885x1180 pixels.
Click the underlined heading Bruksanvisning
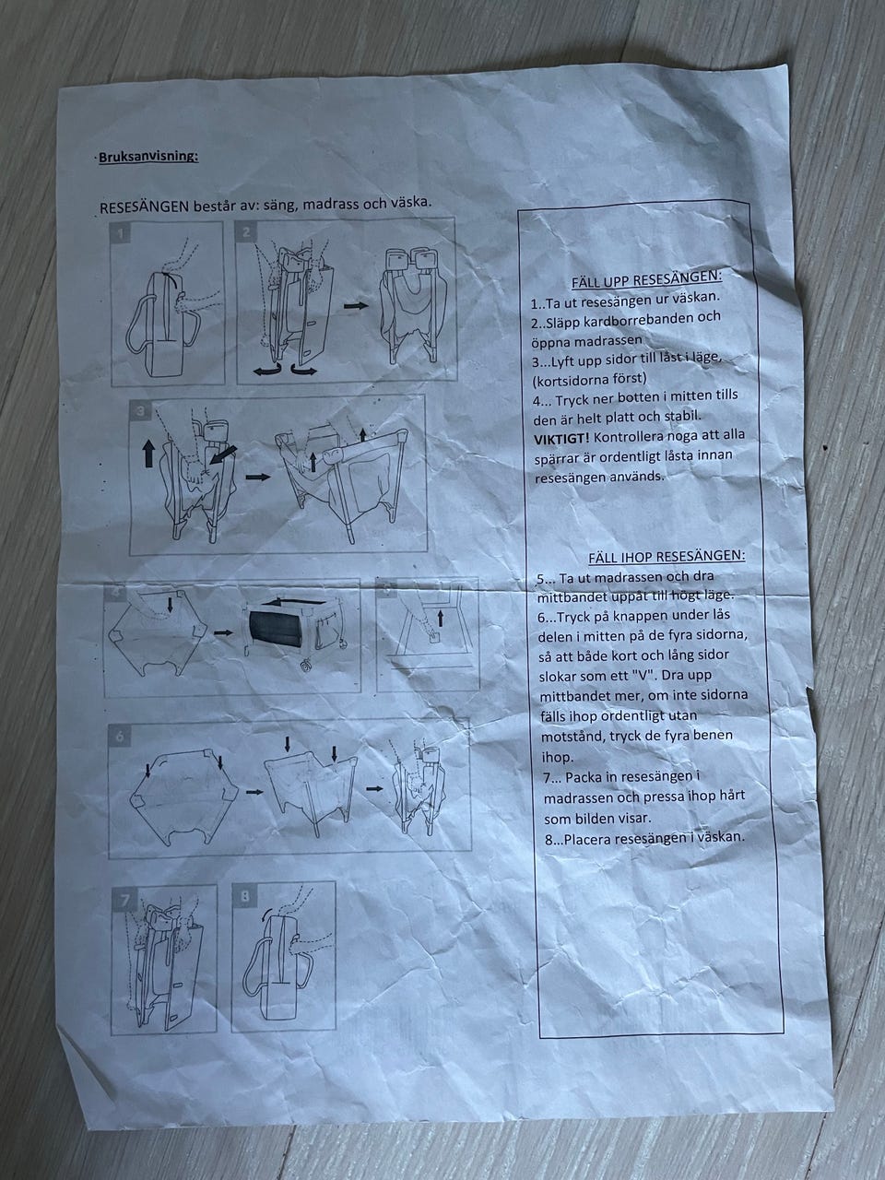(x=148, y=157)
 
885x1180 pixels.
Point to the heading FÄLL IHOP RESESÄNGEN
(x=667, y=557)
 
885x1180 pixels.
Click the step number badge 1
(x=122, y=234)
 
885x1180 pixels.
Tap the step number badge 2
(x=247, y=232)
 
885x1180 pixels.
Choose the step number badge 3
(x=141, y=411)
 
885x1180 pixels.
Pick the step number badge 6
(x=119, y=736)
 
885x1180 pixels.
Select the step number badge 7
(x=124, y=900)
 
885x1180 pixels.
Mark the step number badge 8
(x=245, y=896)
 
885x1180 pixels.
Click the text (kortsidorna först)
(x=589, y=380)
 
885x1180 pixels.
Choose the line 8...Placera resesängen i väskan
(x=644, y=838)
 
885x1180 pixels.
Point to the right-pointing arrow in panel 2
(x=356, y=305)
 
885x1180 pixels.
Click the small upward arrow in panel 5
(x=441, y=619)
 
